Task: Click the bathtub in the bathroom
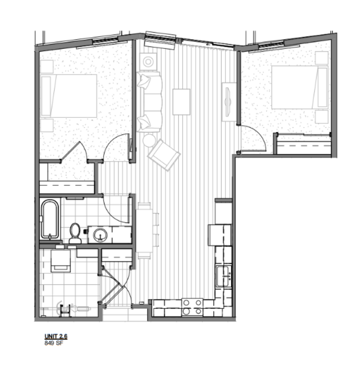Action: coord(50,219)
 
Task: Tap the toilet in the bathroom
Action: coord(75,233)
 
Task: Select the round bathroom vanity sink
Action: coord(100,235)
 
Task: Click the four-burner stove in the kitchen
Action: coord(192,307)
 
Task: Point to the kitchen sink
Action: coord(224,276)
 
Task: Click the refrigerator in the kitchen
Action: coord(219,235)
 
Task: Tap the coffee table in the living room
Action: coord(181,102)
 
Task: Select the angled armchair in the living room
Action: coord(164,155)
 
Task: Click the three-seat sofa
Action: coord(150,102)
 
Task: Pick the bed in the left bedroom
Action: coord(68,96)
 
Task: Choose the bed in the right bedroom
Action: coord(300,87)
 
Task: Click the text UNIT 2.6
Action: coord(56,336)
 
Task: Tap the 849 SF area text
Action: coord(54,343)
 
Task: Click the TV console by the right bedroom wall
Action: coord(229,102)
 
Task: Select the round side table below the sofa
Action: coord(149,140)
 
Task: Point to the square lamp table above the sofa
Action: coord(148,62)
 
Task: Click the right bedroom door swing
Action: coord(256,135)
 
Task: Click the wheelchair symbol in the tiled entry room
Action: coord(65,308)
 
